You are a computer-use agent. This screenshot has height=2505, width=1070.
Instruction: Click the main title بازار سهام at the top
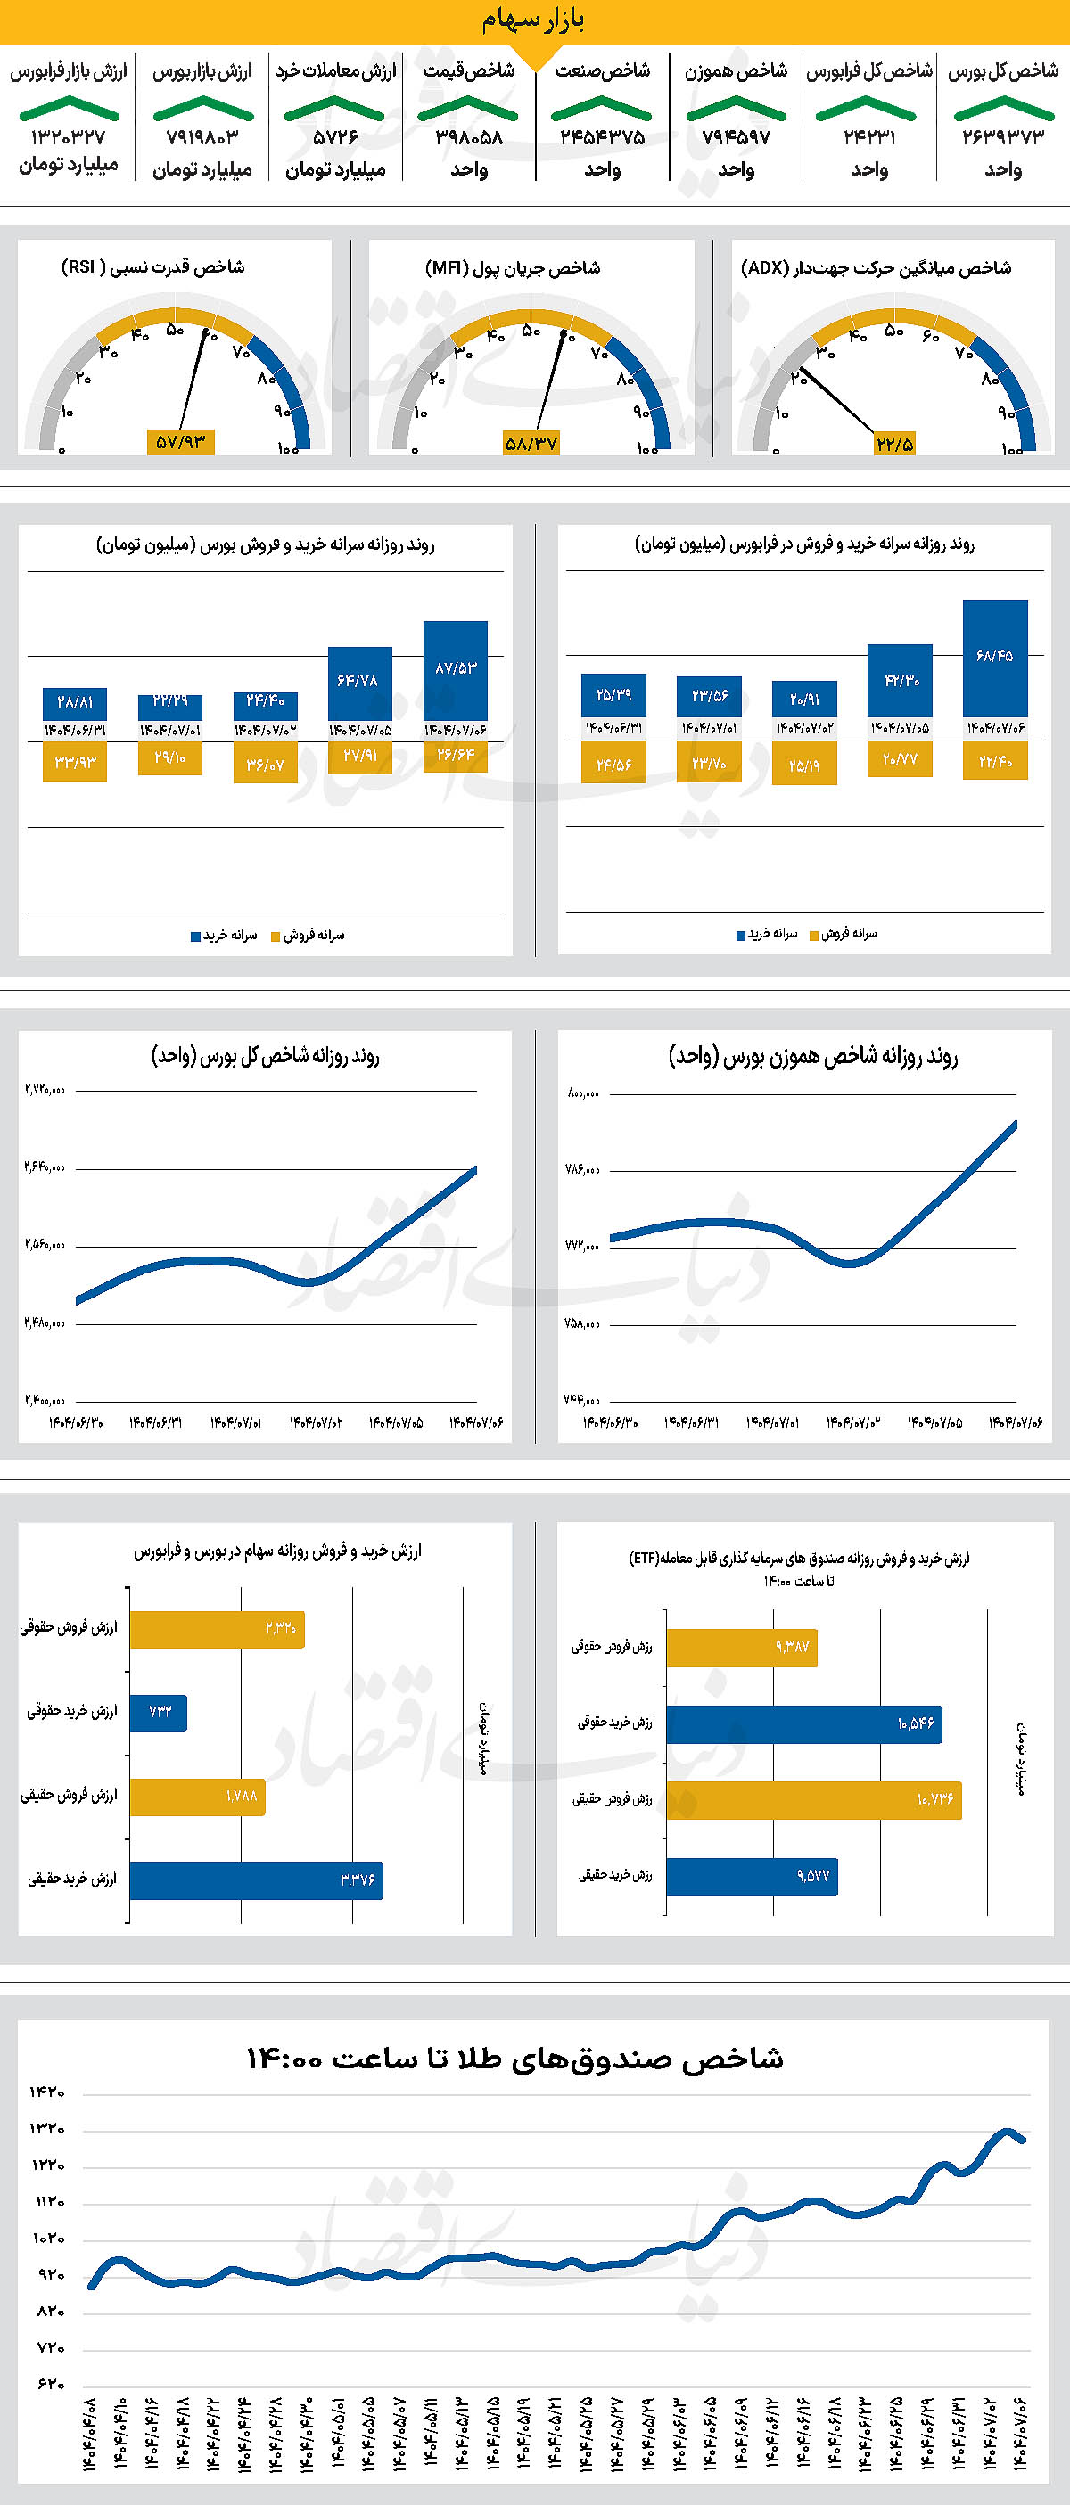pyautogui.click(x=533, y=20)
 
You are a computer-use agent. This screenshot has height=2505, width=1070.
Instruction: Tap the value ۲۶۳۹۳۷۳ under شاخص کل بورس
pyautogui.click(x=1003, y=137)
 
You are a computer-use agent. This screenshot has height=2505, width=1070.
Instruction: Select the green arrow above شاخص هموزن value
pyautogui.click(x=736, y=109)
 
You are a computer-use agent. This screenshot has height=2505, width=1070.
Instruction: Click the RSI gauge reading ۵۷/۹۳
pyautogui.click(x=181, y=441)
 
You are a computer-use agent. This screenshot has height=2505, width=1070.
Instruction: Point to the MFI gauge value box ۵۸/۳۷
pyautogui.click(x=531, y=444)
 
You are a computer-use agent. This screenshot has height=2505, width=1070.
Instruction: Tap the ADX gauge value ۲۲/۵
pyautogui.click(x=894, y=444)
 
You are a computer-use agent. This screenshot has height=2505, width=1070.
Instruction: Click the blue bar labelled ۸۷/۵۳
pyautogui.click(x=456, y=670)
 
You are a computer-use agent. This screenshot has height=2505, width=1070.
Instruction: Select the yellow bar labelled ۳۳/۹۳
pyautogui.click(x=75, y=761)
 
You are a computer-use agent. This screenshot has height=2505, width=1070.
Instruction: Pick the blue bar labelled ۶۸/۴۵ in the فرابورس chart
pyautogui.click(x=995, y=658)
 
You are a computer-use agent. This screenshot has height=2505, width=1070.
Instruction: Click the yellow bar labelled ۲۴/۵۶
pyautogui.click(x=613, y=763)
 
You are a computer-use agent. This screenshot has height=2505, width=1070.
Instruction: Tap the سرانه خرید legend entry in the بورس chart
pyautogui.click(x=224, y=936)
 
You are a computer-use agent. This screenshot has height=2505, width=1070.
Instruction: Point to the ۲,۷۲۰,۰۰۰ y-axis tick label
pyautogui.click(x=45, y=1089)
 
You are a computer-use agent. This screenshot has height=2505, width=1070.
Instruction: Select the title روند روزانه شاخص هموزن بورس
pyautogui.click(x=812, y=1056)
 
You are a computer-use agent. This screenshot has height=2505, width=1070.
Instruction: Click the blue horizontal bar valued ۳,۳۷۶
pyautogui.click(x=256, y=1880)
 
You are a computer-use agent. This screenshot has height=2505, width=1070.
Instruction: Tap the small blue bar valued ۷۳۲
pyautogui.click(x=159, y=1713)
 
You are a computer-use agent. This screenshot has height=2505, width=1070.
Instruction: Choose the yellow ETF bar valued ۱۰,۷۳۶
pyautogui.click(x=813, y=1800)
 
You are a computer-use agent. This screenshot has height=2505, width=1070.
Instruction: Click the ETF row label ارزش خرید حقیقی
pyautogui.click(x=617, y=1874)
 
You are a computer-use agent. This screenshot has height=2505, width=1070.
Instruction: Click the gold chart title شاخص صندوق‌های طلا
pyautogui.click(x=514, y=2059)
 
